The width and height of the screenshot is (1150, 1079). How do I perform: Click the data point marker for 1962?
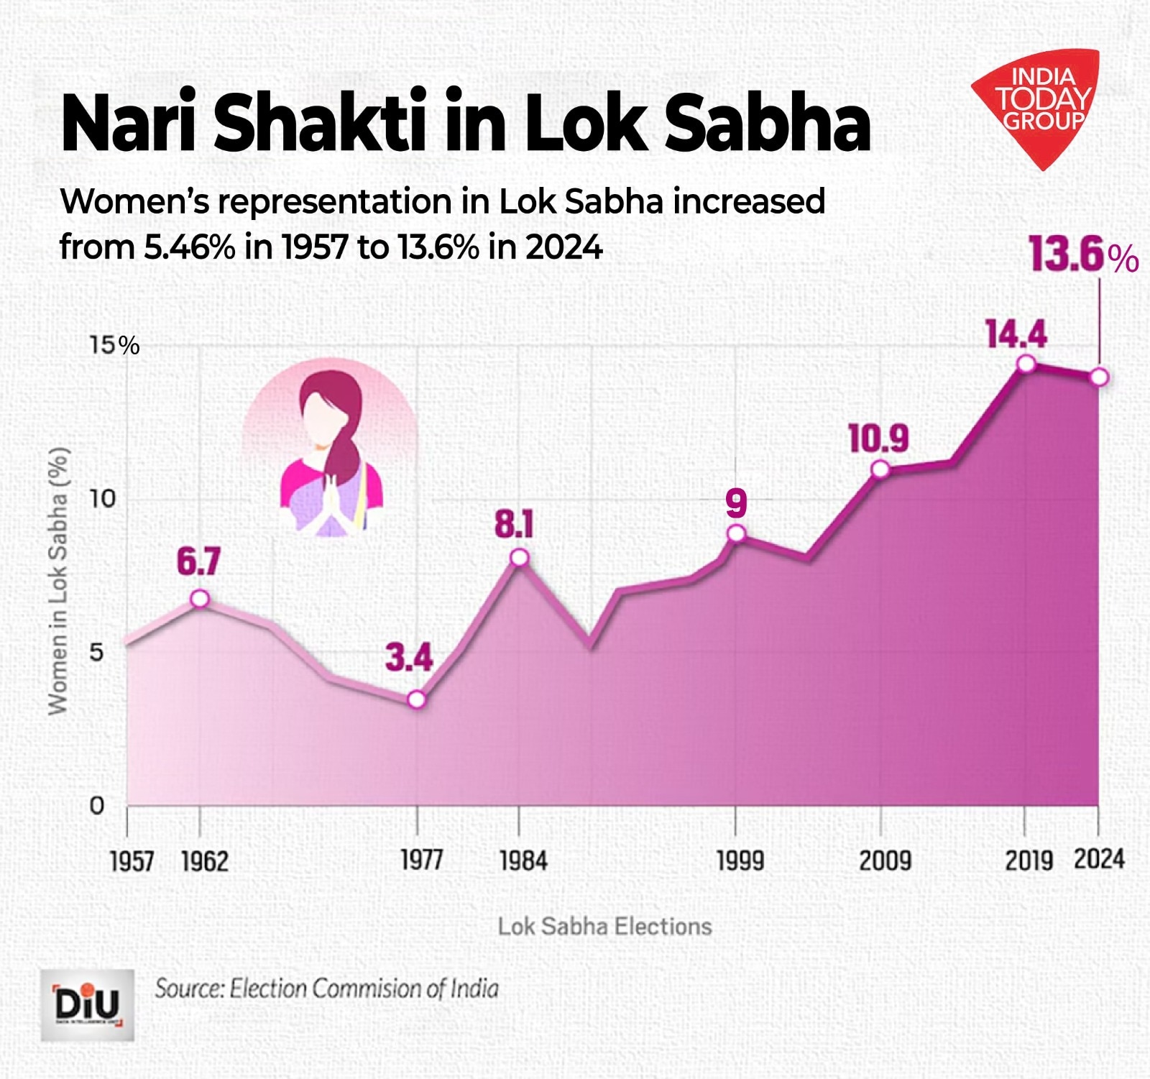click(x=200, y=599)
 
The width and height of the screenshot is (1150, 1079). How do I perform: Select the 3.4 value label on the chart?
click(x=408, y=658)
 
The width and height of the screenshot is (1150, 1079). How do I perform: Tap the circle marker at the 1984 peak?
click(x=520, y=558)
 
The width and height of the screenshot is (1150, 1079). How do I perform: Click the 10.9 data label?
click(x=878, y=439)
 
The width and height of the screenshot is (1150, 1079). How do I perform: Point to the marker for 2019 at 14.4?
click(x=1026, y=364)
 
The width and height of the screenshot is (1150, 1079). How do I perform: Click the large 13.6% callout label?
click(x=1082, y=254)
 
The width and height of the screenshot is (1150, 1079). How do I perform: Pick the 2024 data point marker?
click(x=1099, y=377)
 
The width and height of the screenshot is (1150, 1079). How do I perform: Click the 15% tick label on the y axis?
click(x=114, y=346)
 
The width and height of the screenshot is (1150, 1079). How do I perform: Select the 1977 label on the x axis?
click(x=420, y=860)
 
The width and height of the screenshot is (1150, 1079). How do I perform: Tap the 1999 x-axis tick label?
click(x=740, y=860)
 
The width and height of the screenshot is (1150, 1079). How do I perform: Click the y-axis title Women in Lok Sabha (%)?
click(x=58, y=581)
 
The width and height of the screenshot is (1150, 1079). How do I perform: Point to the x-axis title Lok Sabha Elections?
click(x=604, y=926)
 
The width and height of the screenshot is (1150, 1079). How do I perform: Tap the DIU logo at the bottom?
click(x=87, y=1005)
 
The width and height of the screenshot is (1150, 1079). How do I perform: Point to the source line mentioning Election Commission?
click(x=326, y=988)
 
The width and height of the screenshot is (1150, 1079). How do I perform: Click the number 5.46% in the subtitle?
click(x=189, y=247)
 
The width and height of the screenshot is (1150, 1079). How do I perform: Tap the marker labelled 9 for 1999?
click(x=736, y=533)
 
